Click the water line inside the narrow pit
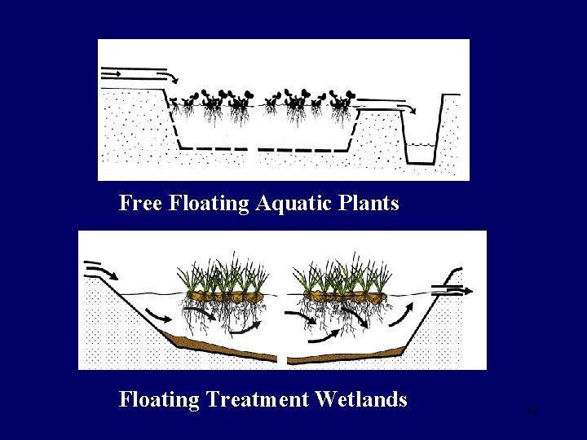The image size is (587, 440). click(x=421, y=145)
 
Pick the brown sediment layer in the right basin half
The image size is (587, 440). click(x=351, y=354)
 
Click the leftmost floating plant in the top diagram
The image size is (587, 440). click(x=188, y=102)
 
